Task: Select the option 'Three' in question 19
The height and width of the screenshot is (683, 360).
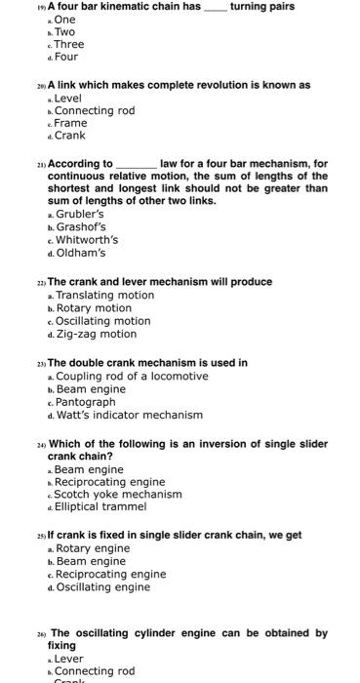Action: click(x=69, y=44)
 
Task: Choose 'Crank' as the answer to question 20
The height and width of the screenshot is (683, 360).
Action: click(x=70, y=136)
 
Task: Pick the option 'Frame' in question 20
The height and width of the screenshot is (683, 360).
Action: click(x=70, y=123)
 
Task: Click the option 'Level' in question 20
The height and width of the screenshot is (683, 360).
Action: click(x=68, y=99)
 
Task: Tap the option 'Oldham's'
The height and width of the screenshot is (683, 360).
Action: click(x=80, y=253)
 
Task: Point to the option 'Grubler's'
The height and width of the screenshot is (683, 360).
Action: click(x=79, y=214)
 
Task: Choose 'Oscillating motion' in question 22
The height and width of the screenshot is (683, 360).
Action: click(x=102, y=320)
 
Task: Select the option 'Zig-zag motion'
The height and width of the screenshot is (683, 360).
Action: click(x=96, y=334)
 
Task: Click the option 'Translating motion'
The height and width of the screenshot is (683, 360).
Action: click(x=104, y=295)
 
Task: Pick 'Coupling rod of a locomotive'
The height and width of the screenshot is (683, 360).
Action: click(x=132, y=376)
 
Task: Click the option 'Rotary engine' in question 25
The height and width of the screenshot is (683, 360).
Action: click(x=92, y=548)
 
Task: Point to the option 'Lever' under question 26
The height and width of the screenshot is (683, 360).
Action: click(x=68, y=659)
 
